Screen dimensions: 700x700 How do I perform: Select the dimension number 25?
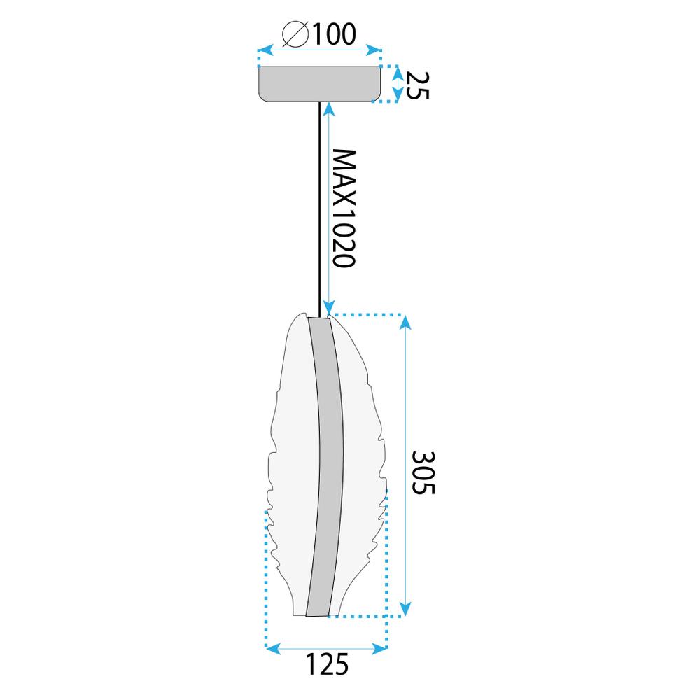(x=416, y=85)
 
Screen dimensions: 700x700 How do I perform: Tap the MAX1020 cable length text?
(x=344, y=208)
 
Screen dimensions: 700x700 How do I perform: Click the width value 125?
(x=326, y=664)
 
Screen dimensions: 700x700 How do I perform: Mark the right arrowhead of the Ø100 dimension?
(x=378, y=51)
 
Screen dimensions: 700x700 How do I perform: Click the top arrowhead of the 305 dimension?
(x=405, y=321)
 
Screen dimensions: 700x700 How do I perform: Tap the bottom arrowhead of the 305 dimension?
(x=405, y=610)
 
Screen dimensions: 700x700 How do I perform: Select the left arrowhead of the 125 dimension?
(x=272, y=649)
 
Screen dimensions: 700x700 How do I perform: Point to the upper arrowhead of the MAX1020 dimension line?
(x=328, y=108)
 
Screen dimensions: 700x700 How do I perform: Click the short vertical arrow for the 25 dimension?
(x=398, y=84)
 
